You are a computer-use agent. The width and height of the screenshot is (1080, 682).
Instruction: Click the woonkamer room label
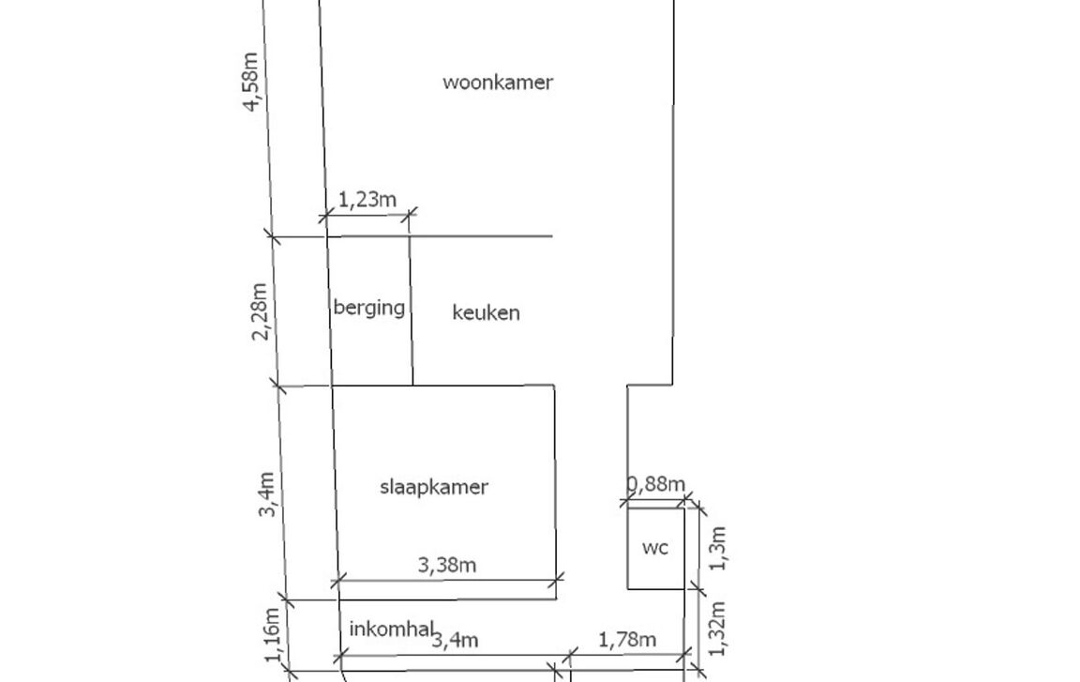tap(498, 83)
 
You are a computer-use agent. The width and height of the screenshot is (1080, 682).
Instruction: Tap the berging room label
tap(369, 308)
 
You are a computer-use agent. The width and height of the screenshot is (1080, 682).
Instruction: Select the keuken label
tap(486, 313)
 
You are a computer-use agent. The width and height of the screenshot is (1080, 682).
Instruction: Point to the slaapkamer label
tap(434, 487)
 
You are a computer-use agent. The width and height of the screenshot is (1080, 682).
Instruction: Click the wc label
tap(655, 548)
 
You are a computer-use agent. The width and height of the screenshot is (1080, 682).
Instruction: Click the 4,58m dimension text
tap(252, 82)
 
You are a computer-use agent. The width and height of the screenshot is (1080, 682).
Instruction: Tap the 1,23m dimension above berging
tap(367, 200)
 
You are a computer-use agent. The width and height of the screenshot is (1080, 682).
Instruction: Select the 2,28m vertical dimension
tap(262, 311)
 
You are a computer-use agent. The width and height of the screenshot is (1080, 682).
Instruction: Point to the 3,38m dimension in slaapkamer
tap(447, 565)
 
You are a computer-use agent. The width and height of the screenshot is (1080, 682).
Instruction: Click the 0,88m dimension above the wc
tap(654, 484)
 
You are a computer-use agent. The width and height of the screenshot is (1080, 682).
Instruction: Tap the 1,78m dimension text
tap(626, 640)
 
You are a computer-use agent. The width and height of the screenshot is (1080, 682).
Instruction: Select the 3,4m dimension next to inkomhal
tap(455, 641)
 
